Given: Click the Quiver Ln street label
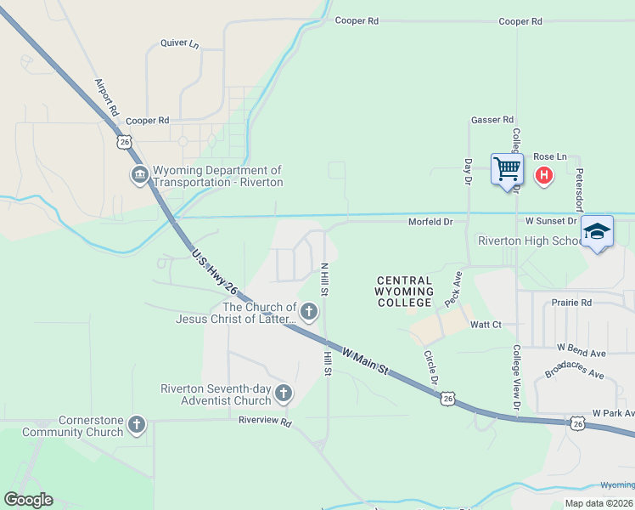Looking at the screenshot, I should [179, 43].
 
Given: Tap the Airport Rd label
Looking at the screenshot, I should [106, 98].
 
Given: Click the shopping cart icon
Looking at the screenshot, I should [507, 168].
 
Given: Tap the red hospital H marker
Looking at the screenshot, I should [544, 175].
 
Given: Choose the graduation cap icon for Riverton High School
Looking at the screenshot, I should [597, 231].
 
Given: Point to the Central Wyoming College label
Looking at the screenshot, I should [404, 292].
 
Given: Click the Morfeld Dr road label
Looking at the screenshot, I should [431, 221].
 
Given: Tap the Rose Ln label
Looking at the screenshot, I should [549, 157].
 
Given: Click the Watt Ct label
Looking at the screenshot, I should [486, 324].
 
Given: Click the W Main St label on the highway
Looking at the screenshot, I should [365, 360].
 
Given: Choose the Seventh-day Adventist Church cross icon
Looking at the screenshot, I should [284, 394].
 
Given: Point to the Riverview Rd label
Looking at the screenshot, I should [265, 421].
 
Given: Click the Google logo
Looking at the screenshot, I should [28, 500].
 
